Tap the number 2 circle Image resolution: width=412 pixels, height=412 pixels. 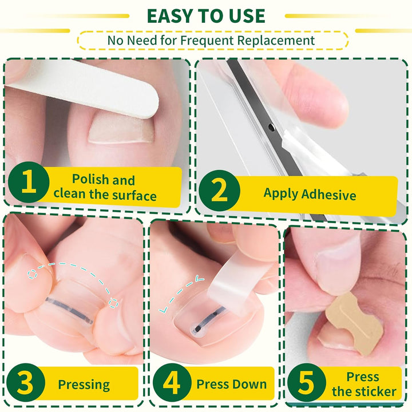click(219, 192)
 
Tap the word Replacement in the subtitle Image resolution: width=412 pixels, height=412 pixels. click(279, 40)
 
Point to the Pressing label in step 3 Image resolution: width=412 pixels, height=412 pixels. click(84, 384)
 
